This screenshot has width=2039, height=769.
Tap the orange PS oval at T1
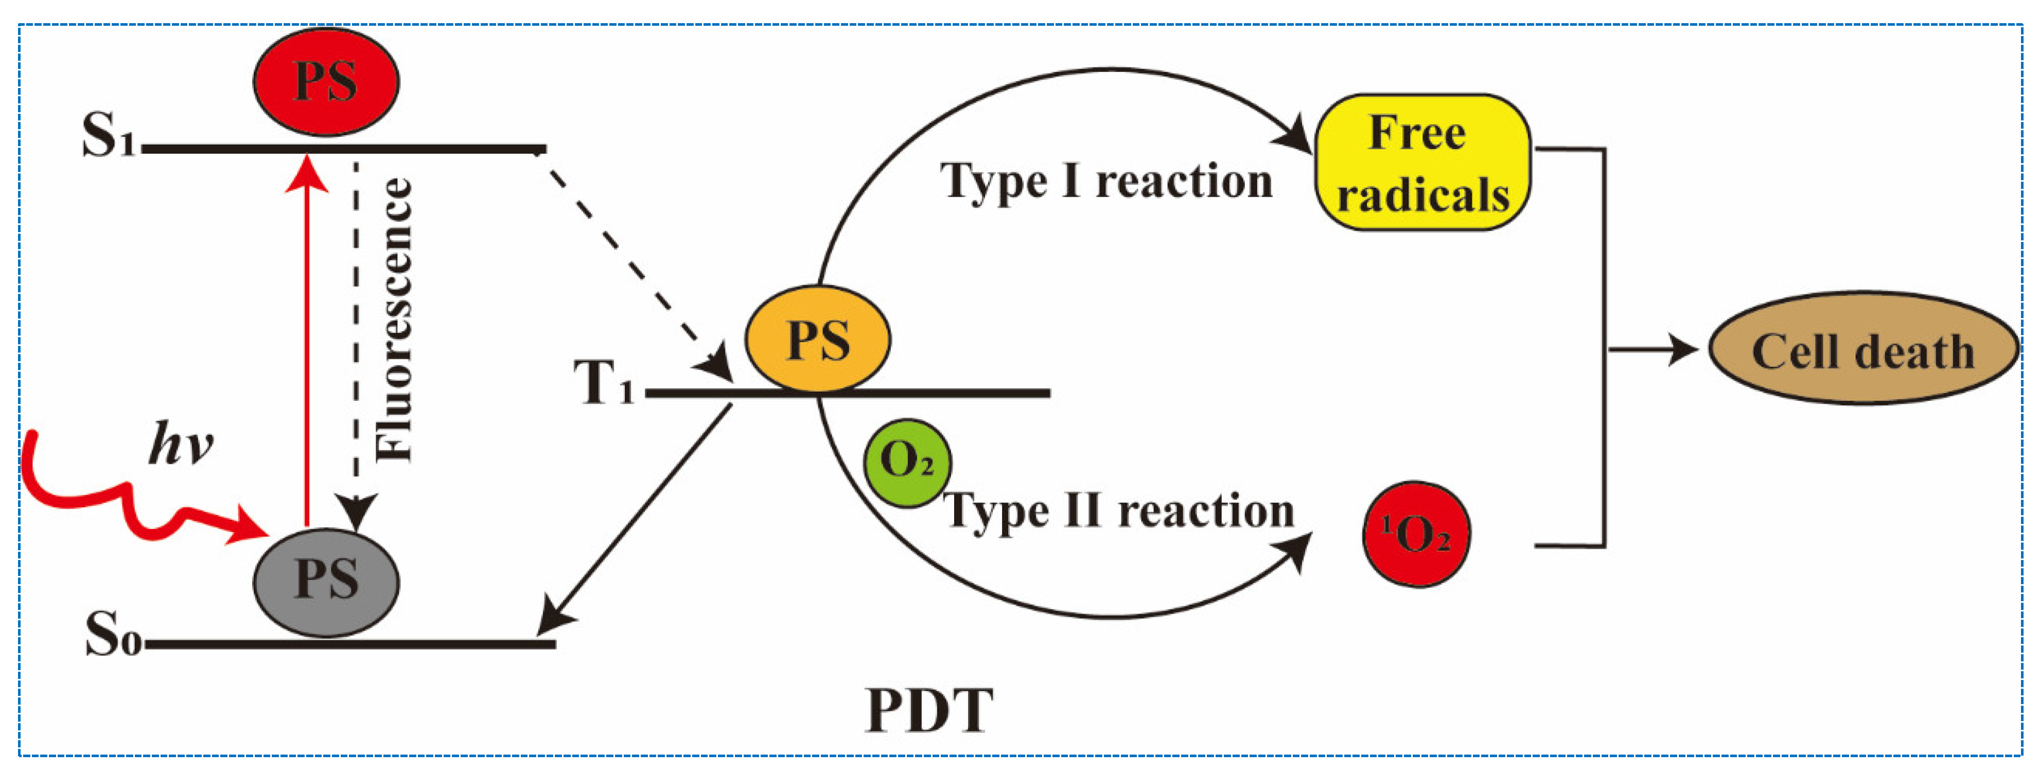[818, 340]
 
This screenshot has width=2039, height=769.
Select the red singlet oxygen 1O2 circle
[1416, 535]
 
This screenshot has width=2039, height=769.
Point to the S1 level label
[109, 136]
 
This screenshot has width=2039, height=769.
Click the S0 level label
[112, 635]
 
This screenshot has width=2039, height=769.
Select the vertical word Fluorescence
[393, 320]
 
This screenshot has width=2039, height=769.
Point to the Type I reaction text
[1106, 181]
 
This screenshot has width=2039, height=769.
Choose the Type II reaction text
[1118, 511]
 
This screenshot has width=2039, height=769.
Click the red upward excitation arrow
[306, 341]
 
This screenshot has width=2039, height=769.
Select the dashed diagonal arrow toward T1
[633, 265]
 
